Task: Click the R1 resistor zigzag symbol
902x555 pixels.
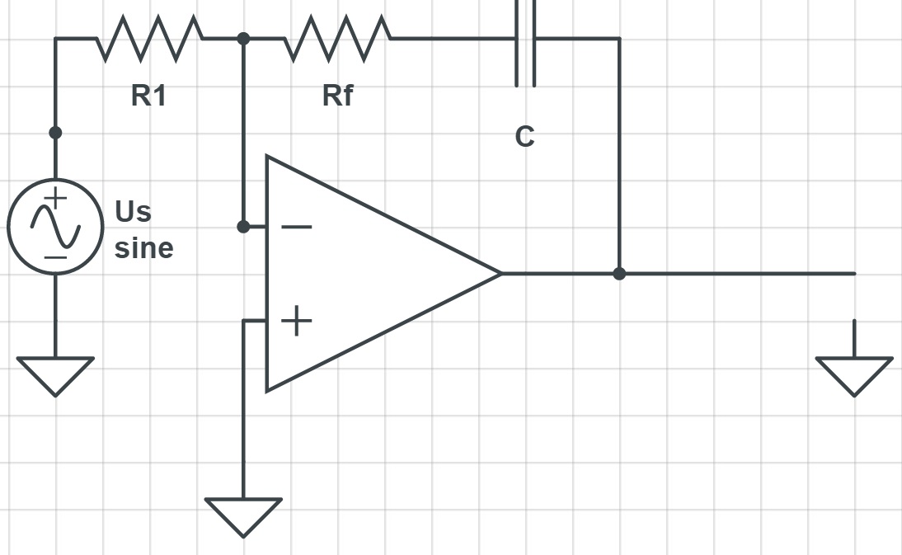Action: pyautogui.click(x=149, y=38)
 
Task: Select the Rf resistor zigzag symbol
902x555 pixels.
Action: pyautogui.click(x=337, y=38)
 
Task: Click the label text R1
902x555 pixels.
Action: pyautogui.click(x=148, y=96)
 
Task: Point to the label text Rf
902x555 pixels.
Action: pyautogui.click(x=337, y=96)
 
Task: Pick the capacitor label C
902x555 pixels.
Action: pyautogui.click(x=524, y=137)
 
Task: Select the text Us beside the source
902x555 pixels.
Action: pyautogui.click(x=134, y=211)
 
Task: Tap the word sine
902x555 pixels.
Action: pyautogui.click(x=144, y=247)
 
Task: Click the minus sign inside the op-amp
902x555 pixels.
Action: pyautogui.click(x=297, y=227)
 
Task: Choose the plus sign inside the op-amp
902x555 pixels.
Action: pyautogui.click(x=297, y=321)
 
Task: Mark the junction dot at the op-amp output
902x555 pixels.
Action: pyautogui.click(x=619, y=273)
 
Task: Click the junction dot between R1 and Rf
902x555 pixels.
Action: pyautogui.click(x=243, y=38)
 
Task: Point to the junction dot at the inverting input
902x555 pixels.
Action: pyautogui.click(x=243, y=227)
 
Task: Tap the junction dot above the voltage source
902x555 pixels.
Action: pyautogui.click(x=55, y=132)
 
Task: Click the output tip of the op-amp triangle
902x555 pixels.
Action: pyautogui.click(x=500, y=273)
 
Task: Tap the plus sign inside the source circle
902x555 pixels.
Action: pyautogui.click(x=55, y=199)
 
